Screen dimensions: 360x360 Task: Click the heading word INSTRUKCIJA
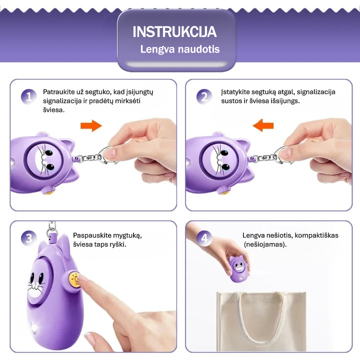174,31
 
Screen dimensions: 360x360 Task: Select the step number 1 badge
28,96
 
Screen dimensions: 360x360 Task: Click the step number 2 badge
204,96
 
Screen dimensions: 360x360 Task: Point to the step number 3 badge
28,238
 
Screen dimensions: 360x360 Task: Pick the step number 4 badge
204,238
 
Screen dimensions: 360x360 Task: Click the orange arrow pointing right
91,125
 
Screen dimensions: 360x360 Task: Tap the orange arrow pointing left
263,125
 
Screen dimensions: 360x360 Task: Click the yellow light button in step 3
74,279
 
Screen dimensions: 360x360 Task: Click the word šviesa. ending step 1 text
53,110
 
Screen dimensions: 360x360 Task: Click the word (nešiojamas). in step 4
265,244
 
